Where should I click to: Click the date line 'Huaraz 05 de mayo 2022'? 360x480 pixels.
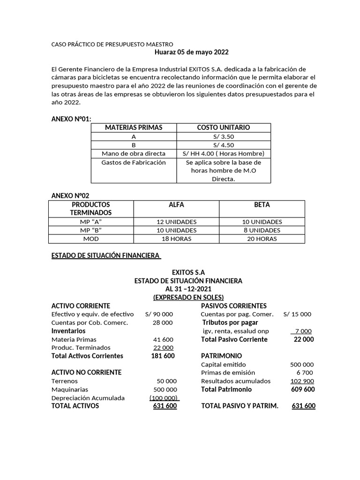coord(191,52)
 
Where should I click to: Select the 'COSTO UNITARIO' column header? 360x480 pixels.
coord(223,127)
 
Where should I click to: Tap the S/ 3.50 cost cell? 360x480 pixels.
coord(223,136)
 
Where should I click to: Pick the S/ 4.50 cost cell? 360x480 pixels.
coord(223,145)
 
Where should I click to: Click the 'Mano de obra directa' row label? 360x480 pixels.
coord(134,154)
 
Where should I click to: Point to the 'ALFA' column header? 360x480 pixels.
coord(176,205)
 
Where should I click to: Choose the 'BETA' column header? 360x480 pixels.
coord(262,205)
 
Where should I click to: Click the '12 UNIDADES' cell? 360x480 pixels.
coord(176,222)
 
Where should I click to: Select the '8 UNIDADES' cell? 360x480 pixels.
coord(262,230)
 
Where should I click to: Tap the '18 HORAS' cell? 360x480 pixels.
coord(176,239)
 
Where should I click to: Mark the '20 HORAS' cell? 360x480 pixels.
coord(262,239)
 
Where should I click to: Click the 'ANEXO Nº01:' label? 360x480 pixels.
coord(71,119)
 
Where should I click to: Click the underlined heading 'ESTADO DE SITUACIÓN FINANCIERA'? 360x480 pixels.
coord(105,255)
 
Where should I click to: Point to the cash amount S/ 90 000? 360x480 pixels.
coord(159,314)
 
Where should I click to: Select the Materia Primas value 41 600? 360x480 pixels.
coord(163,339)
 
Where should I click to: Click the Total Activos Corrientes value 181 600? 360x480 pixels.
coord(163,356)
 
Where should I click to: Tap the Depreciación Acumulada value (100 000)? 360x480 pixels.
coord(164,398)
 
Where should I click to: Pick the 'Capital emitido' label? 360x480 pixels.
coord(223,365)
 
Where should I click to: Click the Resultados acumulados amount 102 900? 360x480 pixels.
coord(302,381)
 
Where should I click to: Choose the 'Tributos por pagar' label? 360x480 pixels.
coord(230,322)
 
